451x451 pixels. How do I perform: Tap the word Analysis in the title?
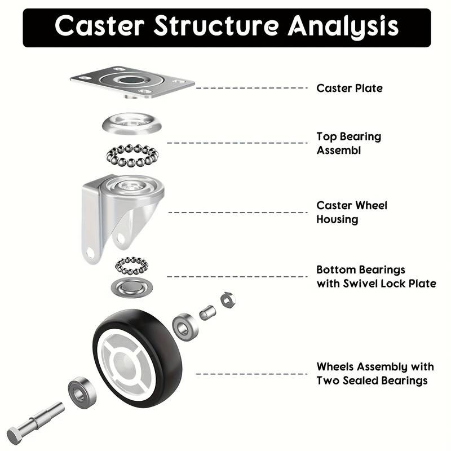point(343,26)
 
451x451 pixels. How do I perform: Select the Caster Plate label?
point(350,88)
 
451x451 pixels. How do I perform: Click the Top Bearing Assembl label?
point(348,143)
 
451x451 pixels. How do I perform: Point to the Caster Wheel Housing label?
point(351,213)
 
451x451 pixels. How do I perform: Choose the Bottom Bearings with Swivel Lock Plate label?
point(376,277)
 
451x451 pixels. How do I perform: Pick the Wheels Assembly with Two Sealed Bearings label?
point(375,374)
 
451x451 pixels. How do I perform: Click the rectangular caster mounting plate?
point(132,82)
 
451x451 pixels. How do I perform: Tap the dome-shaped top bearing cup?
point(132,124)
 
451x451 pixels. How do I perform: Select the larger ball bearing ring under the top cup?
point(132,156)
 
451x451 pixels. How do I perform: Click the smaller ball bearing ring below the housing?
point(132,266)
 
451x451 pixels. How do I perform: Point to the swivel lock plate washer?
point(132,288)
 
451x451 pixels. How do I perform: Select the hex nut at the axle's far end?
point(228,300)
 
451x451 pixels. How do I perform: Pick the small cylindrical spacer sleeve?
point(207,313)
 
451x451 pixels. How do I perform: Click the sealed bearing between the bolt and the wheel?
point(82,393)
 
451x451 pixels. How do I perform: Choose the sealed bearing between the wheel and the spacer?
point(185,328)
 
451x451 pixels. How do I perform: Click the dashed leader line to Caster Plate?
point(251,88)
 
